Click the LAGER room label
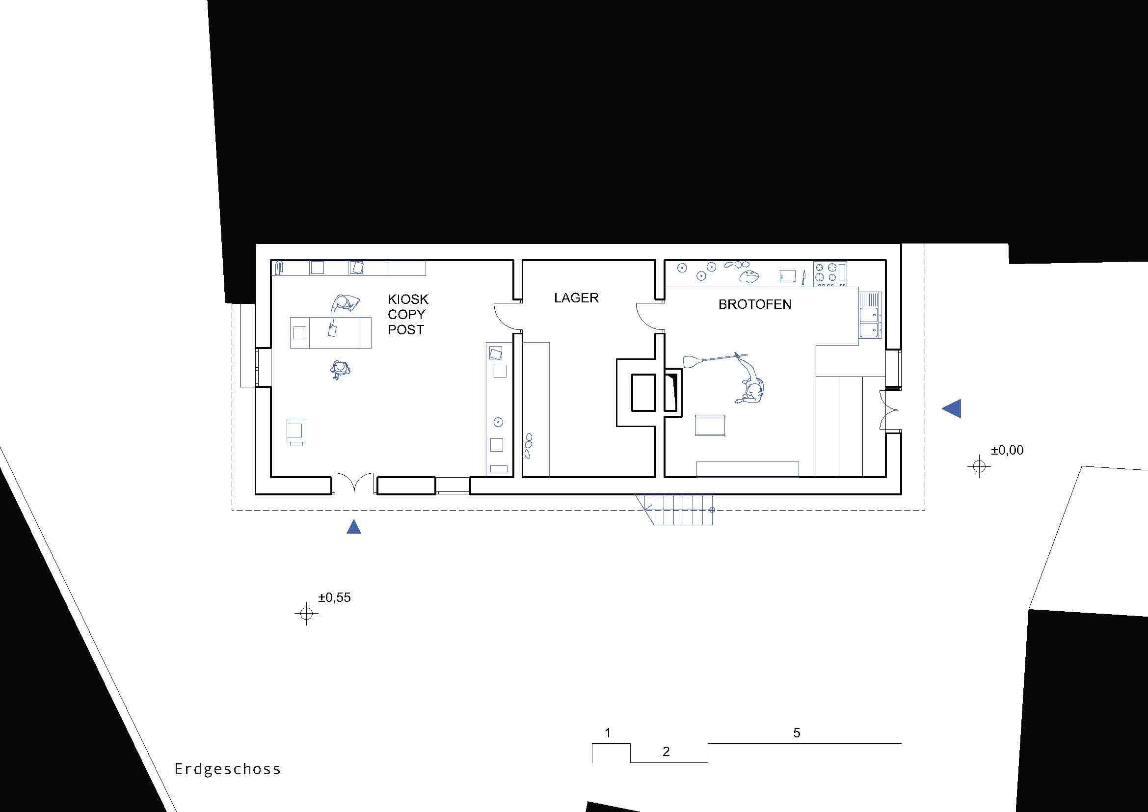point(576,298)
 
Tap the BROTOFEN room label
point(754,304)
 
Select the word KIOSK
point(408,299)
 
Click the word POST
point(405,329)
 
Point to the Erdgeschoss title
point(228,768)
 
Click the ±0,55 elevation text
point(335,597)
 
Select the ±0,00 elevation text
point(1007,450)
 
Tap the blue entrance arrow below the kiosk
point(353,526)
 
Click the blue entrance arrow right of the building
point(952,408)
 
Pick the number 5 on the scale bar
point(797,732)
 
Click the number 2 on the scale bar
point(666,751)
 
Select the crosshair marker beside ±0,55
point(306,613)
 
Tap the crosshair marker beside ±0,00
point(979,466)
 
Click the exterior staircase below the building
point(674,510)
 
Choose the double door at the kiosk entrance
point(354,483)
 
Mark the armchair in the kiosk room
point(296,432)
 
